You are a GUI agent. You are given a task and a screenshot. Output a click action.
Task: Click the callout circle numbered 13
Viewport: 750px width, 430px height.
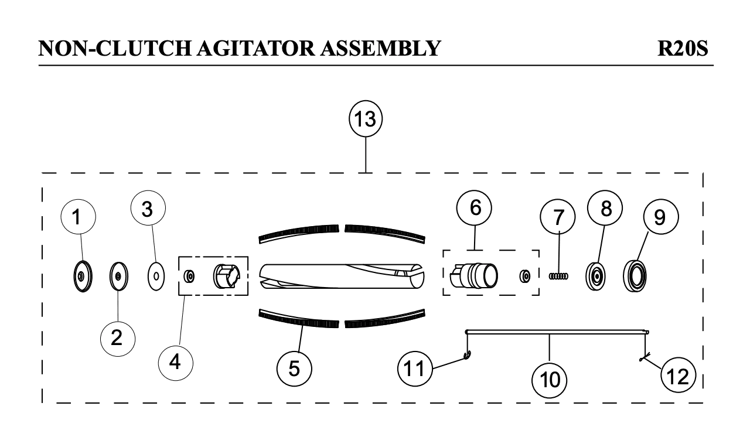coord(366,119)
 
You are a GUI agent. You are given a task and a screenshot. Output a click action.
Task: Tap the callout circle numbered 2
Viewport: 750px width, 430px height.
coord(117,338)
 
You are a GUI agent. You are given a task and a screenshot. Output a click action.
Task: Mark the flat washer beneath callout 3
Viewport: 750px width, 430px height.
coord(155,275)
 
